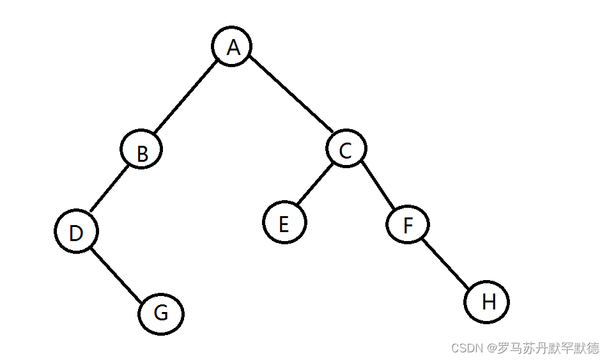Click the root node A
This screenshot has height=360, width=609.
[232, 47]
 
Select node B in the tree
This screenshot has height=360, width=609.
[141, 150]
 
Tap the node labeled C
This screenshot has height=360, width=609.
[346, 149]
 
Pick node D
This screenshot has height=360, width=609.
[76, 232]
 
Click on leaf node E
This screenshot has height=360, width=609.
[284, 223]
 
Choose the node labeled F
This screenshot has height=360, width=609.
[408, 224]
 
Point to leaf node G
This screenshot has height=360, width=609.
[161, 313]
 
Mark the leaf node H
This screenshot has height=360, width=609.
[487, 301]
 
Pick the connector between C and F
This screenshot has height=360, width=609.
[377, 187]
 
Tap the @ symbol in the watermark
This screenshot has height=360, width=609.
[492, 348]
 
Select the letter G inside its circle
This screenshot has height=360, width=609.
[161, 313]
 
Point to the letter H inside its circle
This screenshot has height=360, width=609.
[488, 301]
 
